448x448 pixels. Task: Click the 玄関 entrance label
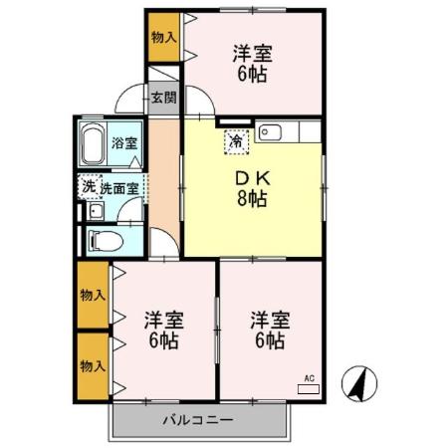click(x=164, y=98)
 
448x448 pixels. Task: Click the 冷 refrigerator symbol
click(x=236, y=141)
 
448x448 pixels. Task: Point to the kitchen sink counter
click(x=288, y=130)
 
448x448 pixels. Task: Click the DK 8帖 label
click(x=252, y=188)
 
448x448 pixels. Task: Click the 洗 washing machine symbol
click(x=88, y=185)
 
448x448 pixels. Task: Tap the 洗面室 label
click(x=122, y=186)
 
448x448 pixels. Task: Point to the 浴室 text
click(x=123, y=142)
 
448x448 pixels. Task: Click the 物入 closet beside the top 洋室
click(x=163, y=38)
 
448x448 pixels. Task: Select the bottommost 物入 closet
click(x=93, y=364)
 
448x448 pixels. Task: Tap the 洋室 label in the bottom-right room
click(x=269, y=321)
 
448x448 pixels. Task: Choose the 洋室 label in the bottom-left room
click(x=162, y=321)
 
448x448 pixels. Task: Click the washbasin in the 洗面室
click(x=94, y=210)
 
